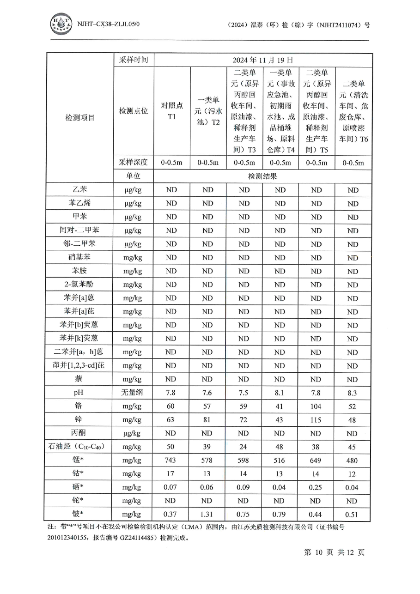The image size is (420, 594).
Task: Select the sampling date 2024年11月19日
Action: (262, 60)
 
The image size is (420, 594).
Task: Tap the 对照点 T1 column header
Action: (171, 111)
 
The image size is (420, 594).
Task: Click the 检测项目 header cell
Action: (79, 118)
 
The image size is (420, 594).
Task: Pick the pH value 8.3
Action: (353, 393)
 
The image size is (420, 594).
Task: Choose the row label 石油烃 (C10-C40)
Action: (79, 447)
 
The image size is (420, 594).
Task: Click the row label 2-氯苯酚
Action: (79, 285)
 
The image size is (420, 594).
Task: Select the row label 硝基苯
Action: (79, 257)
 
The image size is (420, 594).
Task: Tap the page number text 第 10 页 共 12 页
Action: (334, 552)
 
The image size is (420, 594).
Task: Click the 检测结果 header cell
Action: (262, 176)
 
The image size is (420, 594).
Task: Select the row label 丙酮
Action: (79, 433)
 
